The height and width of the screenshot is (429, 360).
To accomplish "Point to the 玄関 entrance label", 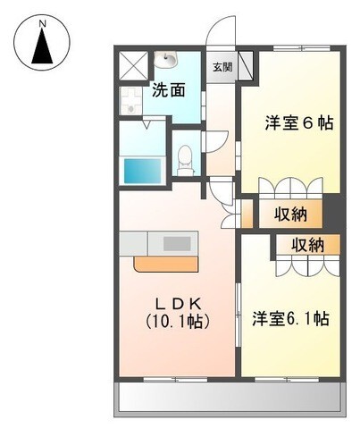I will [x=221, y=66].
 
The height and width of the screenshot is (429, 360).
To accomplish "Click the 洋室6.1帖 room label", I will [x=290, y=317].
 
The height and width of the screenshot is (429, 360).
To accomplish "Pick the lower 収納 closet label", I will [x=306, y=246].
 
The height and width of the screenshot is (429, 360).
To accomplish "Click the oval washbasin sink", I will [x=167, y=60].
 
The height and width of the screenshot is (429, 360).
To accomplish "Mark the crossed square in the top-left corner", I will [x=133, y=65].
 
